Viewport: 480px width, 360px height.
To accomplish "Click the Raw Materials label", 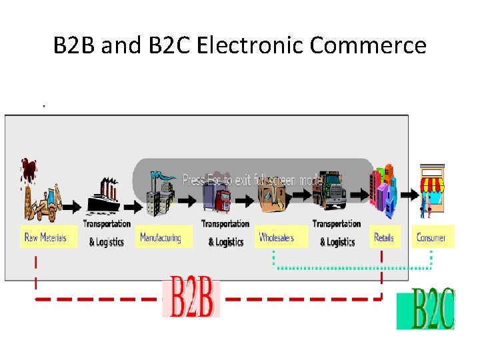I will pos(46,237).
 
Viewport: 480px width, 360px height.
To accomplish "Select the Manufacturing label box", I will pos(161,237).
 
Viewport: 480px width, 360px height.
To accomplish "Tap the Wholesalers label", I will pos(277,237).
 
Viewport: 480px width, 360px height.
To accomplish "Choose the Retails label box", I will pos(385,237).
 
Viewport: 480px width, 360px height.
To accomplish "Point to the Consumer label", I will pos(431,237).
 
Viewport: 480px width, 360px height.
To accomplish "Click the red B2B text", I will pos(191,297).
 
